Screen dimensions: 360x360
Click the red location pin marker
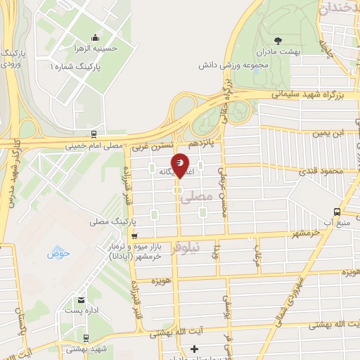(181, 165)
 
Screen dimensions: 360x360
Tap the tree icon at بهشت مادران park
(278, 39)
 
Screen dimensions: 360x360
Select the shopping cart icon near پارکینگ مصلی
(134, 236)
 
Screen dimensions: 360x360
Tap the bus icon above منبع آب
(338, 211)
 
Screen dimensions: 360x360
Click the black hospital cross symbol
(195, 349)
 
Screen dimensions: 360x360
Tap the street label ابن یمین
(329, 134)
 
